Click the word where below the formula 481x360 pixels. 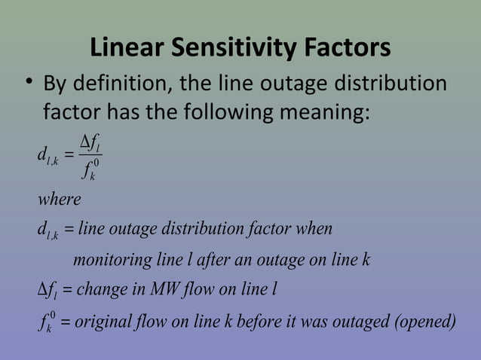tap(59, 200)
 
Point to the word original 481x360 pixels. tap(104, 322)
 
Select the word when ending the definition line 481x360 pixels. tap(315, 228)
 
